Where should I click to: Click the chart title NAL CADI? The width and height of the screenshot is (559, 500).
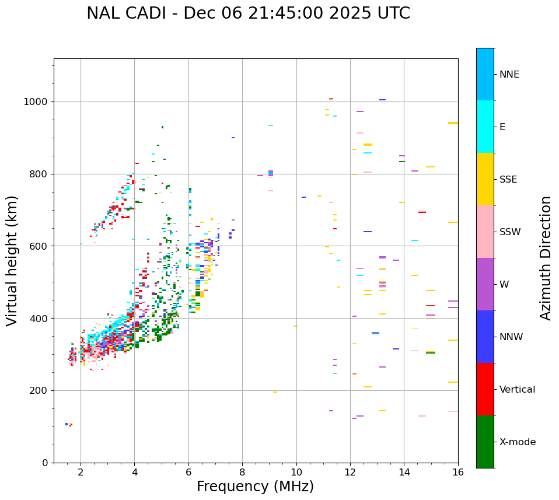[x=248, y=13]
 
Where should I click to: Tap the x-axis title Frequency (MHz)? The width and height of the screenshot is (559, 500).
[x=255, y=487]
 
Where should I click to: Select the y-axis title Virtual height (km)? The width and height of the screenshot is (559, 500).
[x=12, y=261]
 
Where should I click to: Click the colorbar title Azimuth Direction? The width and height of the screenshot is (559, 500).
[x=546, y=258]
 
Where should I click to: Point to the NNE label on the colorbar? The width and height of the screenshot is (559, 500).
[x=509, y=75]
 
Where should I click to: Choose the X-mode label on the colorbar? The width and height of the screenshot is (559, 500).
[x=517, y=442]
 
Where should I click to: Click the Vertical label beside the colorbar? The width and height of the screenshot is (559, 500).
[x=517, y=390]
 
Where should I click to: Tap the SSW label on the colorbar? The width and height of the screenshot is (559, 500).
[x=510, y=232]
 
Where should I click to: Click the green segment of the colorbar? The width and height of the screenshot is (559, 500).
[x=485, y=442]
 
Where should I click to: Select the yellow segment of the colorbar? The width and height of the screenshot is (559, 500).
[x=485, y=179]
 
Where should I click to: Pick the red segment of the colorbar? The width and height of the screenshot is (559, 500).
[x=485, y=389]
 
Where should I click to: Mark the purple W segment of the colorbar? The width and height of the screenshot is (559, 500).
[x=485, y=284]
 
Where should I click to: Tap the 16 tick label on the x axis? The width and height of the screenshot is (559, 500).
[x=458, y=472]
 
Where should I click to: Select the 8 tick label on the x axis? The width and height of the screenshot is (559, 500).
[x=242, y=472]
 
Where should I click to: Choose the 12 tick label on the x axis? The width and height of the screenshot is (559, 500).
[x=350, y=472]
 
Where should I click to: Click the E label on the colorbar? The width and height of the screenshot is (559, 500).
[x=502, y=127]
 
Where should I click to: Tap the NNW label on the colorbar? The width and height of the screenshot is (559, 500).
[x=511, y=337]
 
